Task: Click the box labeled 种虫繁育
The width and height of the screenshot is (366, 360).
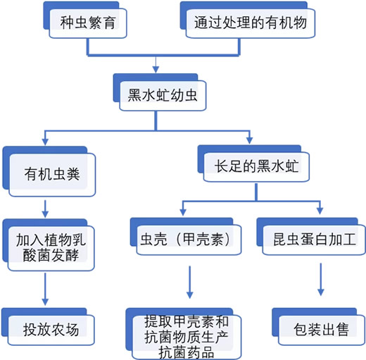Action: [x=85, y=20]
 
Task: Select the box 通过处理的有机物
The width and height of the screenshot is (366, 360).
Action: [x=248, y=20]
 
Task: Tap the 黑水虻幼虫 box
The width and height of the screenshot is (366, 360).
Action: [x=160, y=92]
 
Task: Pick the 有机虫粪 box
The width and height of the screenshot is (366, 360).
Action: [x=49, y=171]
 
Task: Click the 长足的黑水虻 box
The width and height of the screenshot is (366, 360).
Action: [x=253, y=163]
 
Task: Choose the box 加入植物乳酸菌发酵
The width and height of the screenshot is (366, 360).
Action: [x=49, y=245]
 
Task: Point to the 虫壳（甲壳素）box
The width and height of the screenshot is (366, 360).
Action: [x=186, y=237]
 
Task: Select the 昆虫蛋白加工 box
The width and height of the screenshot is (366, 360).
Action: [x=311, y=237]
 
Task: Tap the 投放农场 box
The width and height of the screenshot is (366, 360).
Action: [x=48, y=327]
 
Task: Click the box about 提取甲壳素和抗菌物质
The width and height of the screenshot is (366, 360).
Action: [x=184, y=334]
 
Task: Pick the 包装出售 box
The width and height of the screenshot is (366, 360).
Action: [x=318, y=327]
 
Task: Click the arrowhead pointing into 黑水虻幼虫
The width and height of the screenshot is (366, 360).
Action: [x=156, y=70]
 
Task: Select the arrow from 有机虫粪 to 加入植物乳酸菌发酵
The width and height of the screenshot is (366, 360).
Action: [x=45, y=209]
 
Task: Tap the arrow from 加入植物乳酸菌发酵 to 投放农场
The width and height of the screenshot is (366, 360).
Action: [x=45, y=289]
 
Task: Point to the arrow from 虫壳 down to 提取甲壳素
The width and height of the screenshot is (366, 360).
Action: [x=190, y=283]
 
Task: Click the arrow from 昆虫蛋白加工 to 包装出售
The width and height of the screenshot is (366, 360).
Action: [x=321, y=280]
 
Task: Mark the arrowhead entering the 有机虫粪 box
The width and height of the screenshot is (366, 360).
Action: [x=45, y=142]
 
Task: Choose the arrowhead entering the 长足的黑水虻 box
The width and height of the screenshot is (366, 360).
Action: [x=250, y=140]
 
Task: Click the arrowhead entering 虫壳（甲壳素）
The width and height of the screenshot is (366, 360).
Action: [x=183, y=212]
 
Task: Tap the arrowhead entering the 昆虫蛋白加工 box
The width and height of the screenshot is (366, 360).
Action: [x=320, y=211]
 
